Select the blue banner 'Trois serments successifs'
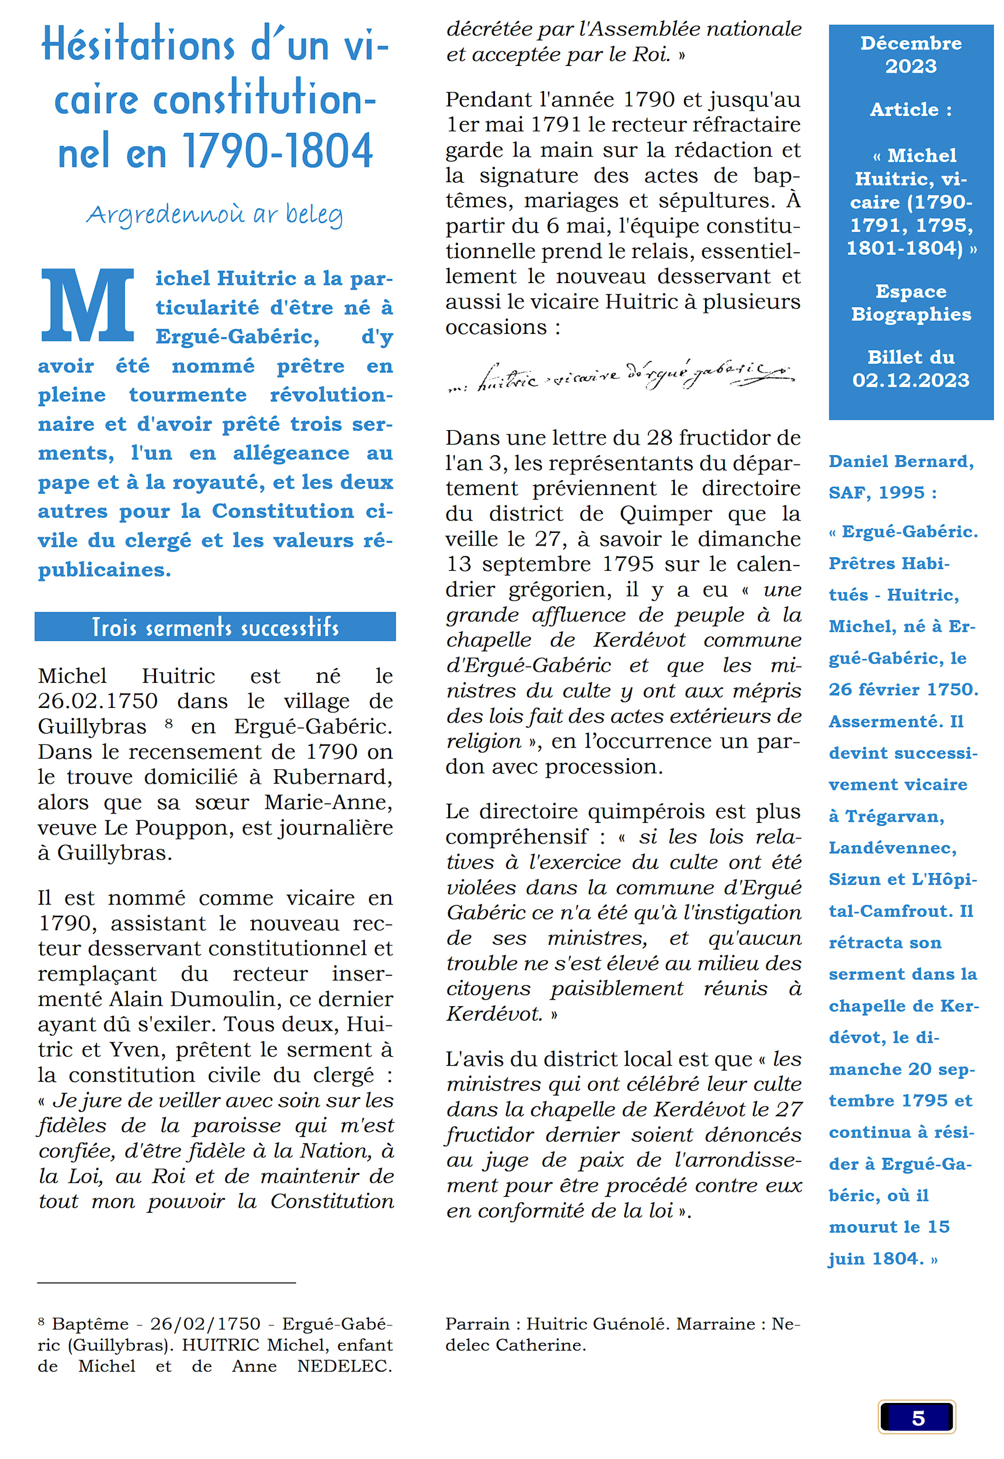click(x=215, y=626)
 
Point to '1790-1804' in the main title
click(x=277, y=152)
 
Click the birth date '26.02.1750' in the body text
click(x=97, y=700)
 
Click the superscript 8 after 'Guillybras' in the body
click(x=169, y=723)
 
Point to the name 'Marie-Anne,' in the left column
click(x=327, y=802)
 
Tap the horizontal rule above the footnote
click(x=166, y=1282)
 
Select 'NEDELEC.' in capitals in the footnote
click(x=344, y=1366)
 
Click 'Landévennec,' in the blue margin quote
click(x=892, y=848)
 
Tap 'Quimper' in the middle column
click(x=666, y=514)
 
